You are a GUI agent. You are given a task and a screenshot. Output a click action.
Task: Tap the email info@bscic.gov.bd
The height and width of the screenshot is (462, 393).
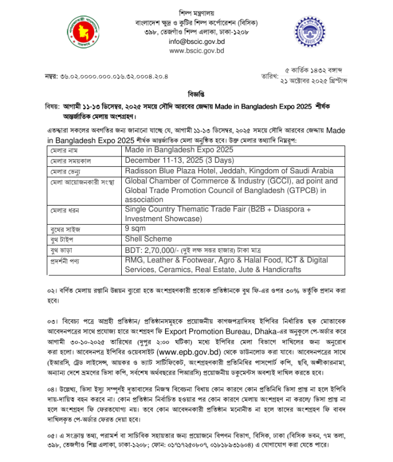pos(196,42)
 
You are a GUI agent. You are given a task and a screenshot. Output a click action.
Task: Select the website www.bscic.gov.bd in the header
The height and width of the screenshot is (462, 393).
pos(196,51)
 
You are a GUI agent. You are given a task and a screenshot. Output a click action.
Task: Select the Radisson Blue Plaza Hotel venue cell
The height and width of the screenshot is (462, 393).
pos(229,170)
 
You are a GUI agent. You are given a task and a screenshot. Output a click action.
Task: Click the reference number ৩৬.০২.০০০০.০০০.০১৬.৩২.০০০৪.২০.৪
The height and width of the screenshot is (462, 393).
pos(115,76)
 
